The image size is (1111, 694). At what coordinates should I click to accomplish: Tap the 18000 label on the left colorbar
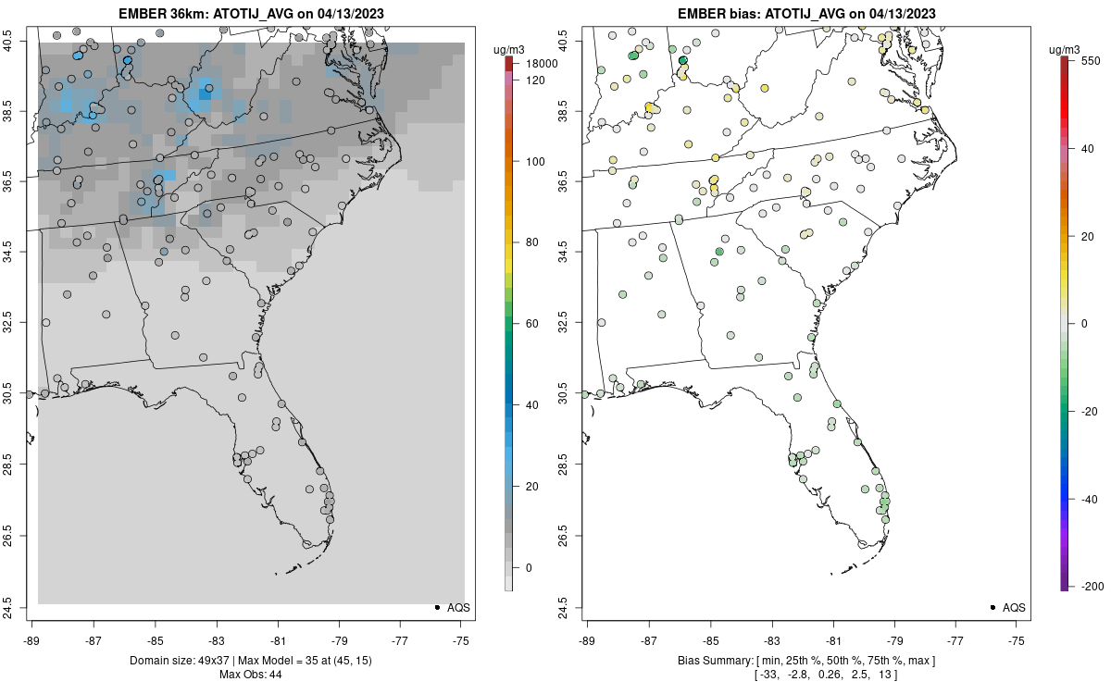[541, 64]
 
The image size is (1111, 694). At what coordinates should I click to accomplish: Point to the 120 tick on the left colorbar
[534, 81]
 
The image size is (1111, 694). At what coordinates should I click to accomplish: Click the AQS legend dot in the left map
[436, 607]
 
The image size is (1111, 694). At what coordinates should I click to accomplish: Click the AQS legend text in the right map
[1014, 607]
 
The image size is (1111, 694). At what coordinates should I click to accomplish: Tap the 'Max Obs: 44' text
[251, 675]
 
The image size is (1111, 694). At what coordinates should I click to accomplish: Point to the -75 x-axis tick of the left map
[460, 639]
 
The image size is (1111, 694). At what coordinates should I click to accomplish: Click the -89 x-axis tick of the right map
[588, 639]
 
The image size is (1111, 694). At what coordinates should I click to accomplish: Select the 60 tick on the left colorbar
[531, 324]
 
